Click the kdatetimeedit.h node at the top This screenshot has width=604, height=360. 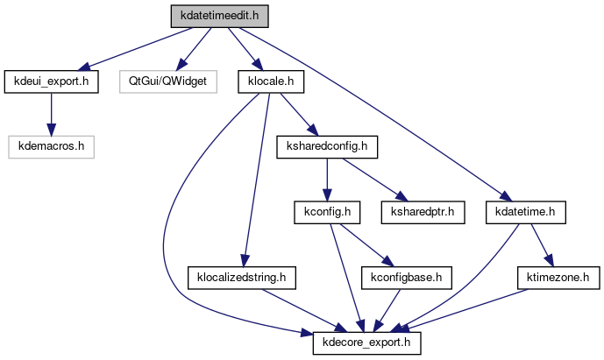pos(219,16)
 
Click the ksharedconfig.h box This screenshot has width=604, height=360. pos(326,146)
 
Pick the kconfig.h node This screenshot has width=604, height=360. pos(326,212)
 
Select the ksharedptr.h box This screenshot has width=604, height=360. pos(421,212)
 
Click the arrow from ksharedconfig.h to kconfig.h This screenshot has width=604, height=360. pos(326,179)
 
